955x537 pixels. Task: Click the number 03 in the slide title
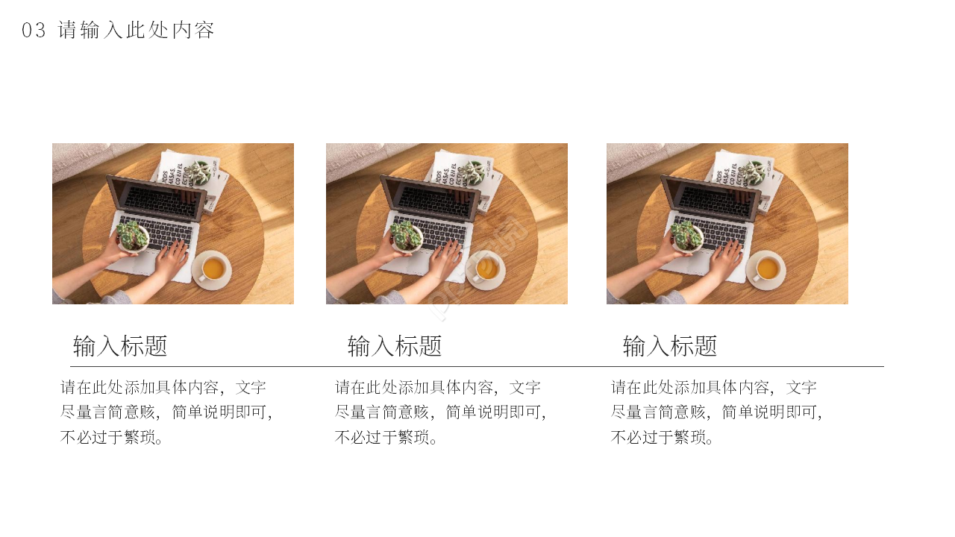[34, 31]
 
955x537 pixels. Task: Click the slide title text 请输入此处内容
[137, 31]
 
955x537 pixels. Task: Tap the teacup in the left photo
[213, 268]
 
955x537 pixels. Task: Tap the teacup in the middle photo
[486, 268]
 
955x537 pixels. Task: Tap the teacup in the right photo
[767, 268]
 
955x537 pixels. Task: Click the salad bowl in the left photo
[133, 236]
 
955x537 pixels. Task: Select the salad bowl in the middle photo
[407, 236]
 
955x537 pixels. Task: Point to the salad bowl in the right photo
[687, 236]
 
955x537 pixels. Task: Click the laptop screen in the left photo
[155, 198]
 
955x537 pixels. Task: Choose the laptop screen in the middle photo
[429, 198]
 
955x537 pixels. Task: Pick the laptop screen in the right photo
[710, 198]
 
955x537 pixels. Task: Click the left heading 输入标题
[120, 346]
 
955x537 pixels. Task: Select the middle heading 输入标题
[395, 346]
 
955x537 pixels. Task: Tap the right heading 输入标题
[670, 346]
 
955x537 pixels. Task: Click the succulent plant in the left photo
[198, 174]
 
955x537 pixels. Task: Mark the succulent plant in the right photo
[753, 174]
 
